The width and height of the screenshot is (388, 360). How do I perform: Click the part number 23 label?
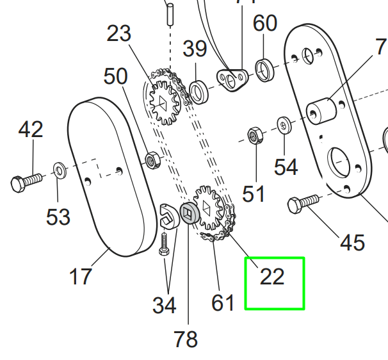coord(118,34)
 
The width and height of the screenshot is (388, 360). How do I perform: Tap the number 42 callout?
coord(31,130)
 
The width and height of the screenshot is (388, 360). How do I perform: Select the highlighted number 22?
coord(272,276)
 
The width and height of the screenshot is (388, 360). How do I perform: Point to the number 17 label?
coord(81,277)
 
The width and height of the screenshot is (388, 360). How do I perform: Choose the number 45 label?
coord(352,243)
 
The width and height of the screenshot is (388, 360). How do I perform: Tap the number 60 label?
coord(264,24)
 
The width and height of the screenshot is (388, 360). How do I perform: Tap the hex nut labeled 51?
coord(254,136)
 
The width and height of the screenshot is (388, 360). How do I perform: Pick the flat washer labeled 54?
coord(283,124)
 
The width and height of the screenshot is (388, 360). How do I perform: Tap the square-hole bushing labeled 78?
coord(188,214)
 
